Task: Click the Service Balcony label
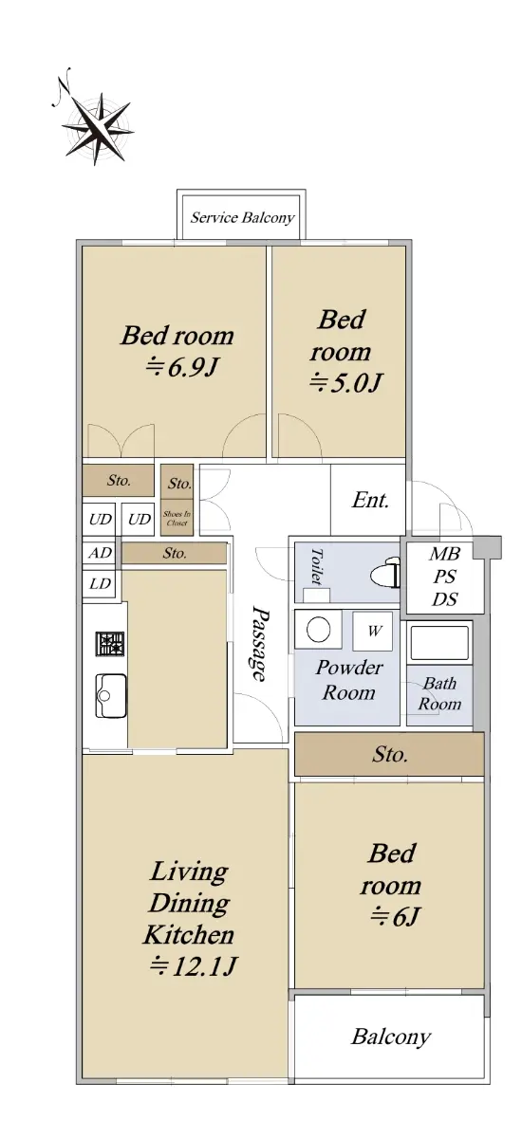[x=242, y=218]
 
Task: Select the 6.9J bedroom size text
[x=182, y=367]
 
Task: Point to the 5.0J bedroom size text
[x=345, y=382]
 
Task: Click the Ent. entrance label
[x=370, y=500]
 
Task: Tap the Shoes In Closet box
[x=177, y=518]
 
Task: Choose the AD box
[x=100, y=553]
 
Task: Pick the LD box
[x=100, y=584]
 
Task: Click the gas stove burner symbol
[x=110, y=644]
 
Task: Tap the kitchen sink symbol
[x=111, y=695]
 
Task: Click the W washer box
[x=373, y=631]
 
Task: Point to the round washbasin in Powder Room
[x=319, y=630]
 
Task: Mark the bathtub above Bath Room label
[x=439, y=643]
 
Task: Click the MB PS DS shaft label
[x=445, y=577]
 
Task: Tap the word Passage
[x=259, y=643]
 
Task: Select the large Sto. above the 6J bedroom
[x=389, y=754]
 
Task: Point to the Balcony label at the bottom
[x=391, y=1036]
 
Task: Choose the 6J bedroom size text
[x=395, y=916]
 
